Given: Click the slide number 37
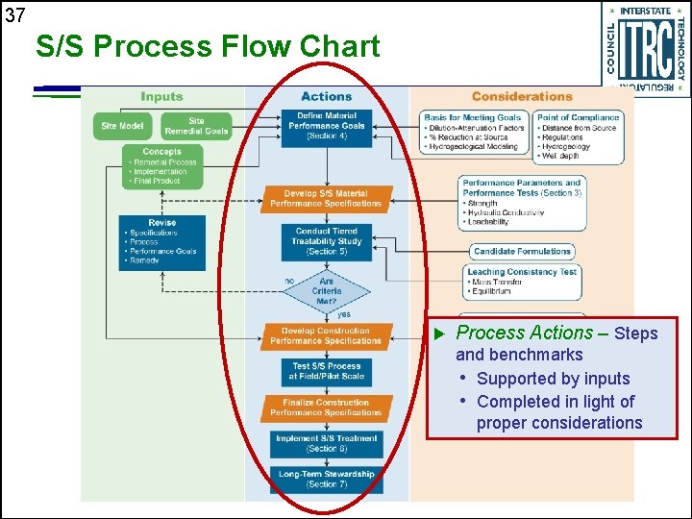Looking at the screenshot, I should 14,14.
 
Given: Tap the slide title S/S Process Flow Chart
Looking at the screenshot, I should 208,46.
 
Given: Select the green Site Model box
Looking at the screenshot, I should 122,126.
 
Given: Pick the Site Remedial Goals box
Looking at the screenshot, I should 196,126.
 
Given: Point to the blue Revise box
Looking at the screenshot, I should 161,241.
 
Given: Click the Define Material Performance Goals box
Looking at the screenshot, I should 327,126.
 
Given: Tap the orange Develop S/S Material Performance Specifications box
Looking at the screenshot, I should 326,199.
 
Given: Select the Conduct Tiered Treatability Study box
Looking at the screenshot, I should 327,241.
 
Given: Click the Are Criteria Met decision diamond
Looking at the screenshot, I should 327,291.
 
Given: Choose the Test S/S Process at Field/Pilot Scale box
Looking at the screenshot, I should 327,371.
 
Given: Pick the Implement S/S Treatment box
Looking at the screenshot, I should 327,444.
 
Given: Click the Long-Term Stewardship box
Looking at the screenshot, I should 327,479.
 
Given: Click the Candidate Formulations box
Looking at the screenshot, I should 522,252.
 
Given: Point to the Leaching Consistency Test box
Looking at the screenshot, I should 522,282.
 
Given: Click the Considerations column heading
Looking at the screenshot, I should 522,96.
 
